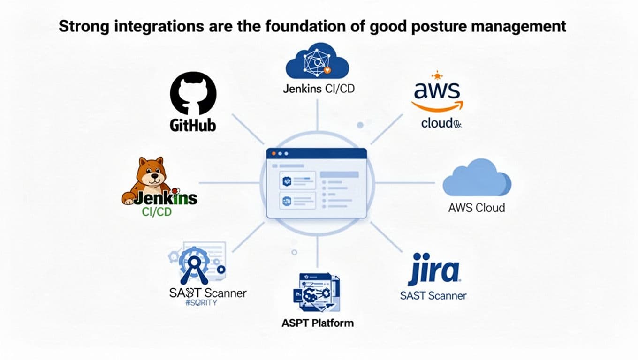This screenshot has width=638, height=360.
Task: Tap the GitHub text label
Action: pyautogui.click(x=193, y=125)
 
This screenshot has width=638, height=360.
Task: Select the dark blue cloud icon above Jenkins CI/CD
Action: pyautogui.click(x=317, y=63)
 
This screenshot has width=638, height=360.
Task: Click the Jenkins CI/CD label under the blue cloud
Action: pyautogui.click(x=319, y=89)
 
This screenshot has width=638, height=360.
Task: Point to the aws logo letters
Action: pyautogui.click(x=436, y=90)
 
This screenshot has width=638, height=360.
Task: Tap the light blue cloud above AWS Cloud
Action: pyautogui.click(x=477, y=178)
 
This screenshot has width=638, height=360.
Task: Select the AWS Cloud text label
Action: pyautogui.click(x=477, y=208)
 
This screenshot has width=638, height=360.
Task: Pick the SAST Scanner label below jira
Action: pyautogui.click(x=433, y=296)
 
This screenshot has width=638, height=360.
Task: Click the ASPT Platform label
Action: pyautogui.click(x=318, y=323)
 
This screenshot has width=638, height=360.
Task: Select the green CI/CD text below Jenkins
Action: pyautogui.click(x=157, y=212)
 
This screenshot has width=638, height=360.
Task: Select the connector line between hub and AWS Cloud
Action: pyautogui.click(x=403, y=183)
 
